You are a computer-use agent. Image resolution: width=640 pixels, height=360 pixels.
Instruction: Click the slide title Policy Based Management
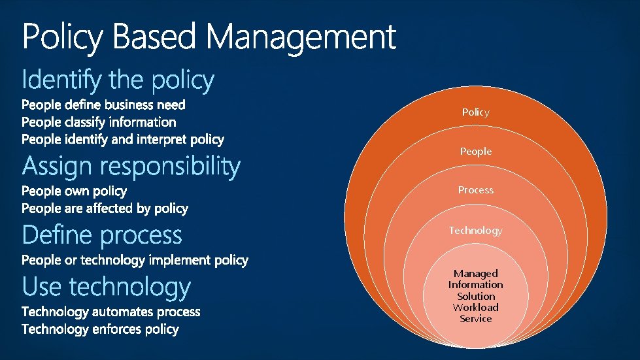click(x=209, y=37)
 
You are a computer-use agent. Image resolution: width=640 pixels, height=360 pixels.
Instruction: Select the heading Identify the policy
click(x=118, y=80)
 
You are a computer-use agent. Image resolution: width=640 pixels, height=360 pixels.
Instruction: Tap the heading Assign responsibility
click(x=131, y=167)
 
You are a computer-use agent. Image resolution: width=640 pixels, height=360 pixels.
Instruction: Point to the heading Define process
click(x=102, y=235)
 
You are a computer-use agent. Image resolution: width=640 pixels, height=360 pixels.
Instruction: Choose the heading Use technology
click(x=107, y=287)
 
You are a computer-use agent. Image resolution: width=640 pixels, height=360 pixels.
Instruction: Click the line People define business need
click(x=103, y=105)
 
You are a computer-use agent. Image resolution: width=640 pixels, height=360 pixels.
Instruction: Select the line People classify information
click(x=99, y=122)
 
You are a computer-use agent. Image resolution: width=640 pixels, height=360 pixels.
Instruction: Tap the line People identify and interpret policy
click(x=123, y=139)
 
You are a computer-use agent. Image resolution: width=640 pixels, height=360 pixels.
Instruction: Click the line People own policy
click(x=75, y=191)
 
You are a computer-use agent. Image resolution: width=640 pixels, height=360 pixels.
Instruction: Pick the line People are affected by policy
click(x=105, y=208)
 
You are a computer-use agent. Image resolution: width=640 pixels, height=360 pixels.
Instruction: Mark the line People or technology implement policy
click(x=135, y=260)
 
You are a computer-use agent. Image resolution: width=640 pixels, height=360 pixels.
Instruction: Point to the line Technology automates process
click(x=111, y=312)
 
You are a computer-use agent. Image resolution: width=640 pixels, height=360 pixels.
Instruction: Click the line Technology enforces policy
click(x=100, y=329)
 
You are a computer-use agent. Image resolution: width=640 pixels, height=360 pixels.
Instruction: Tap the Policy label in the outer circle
click(x=475, y=112)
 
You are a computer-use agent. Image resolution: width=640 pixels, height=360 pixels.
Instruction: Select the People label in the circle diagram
click(x=475, y=152)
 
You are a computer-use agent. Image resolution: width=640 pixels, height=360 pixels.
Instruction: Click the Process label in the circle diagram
click(x=475, y=190)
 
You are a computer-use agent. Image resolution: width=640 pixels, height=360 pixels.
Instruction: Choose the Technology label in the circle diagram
click(x=475, y=231)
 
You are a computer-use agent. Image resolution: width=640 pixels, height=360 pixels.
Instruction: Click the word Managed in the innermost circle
click(x=476, y=273)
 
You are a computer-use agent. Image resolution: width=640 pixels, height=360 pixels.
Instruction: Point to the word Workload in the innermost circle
click(x=475, y=307)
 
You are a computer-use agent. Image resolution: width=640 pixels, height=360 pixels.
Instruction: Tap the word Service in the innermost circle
click(x=475, y=319)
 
